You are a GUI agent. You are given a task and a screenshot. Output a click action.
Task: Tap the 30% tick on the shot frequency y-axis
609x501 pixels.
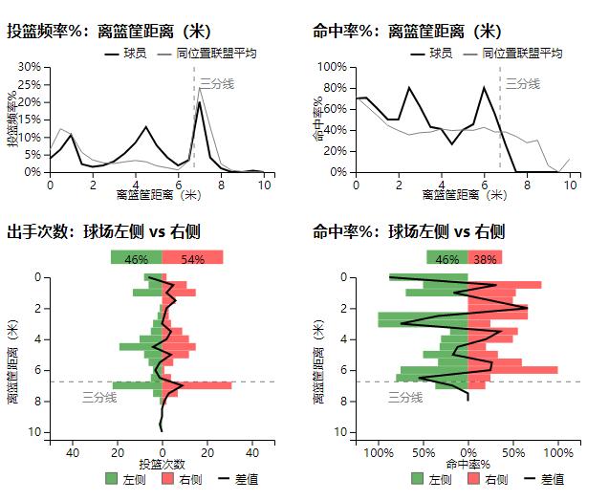coord(30,67)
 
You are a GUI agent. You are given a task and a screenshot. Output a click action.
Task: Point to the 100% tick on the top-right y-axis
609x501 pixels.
coord(332,67)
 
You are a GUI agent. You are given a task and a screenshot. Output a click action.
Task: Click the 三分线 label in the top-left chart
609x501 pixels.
coord(217,84)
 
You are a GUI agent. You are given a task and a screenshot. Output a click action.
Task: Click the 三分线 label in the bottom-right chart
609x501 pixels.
coord(405,397)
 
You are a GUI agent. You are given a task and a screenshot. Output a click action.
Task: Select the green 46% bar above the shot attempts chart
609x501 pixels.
coord(136,258)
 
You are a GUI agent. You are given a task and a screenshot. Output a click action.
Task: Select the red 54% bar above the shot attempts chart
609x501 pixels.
coord(192,258)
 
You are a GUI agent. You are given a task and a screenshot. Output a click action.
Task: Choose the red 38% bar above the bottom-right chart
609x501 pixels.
coord(485,258)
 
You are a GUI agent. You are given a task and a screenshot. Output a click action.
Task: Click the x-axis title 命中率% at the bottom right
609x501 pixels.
coord(468,464)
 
